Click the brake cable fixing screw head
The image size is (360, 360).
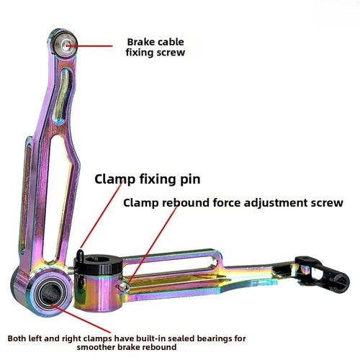(x=65, y=45)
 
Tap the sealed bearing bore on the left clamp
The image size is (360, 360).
(x=50, y=294)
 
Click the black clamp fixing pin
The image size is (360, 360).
(x=80, y=256)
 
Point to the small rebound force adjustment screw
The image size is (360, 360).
(x=123, y=287)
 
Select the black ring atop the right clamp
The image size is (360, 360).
(x=99, y=265)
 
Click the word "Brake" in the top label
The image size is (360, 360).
(x=140, y=42)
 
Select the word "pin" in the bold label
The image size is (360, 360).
(x=190, y=180)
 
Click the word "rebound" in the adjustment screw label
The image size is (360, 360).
(x=186, y=203)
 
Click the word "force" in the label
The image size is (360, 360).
(x=226, y=203)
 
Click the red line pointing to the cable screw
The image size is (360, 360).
(x=89, y=45)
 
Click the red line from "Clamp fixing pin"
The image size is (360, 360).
(x=102, y=215)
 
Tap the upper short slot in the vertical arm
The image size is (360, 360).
(x=62, y=94)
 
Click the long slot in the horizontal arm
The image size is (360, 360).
(x=168, y=262)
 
